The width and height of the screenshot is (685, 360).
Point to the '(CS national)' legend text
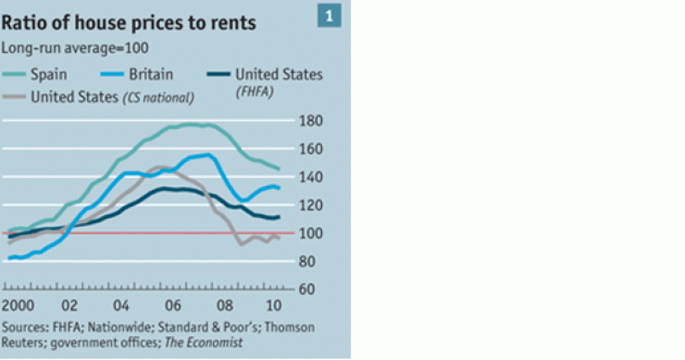(163, 95)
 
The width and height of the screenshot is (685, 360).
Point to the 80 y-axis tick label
(312, 262)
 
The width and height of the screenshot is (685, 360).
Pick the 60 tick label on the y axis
(312, 290)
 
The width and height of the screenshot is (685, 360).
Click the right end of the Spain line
(279, 169)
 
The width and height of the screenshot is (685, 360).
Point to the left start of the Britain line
(8, 258)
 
